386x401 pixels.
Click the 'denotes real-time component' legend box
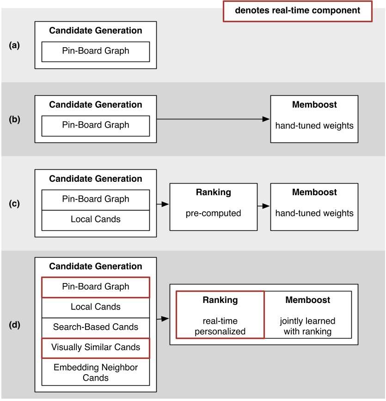tap(297, 11)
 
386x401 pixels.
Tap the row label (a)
tap(14, 45)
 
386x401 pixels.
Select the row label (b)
tap(14, 119)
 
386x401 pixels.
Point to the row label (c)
tap(14, 203)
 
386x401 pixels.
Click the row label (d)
tap(14, 326)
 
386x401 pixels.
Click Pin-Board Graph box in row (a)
tap(96, 51)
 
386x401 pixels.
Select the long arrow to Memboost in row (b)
tap(213, 119)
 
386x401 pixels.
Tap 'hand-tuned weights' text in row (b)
tap(314, 125)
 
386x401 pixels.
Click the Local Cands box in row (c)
tap(96, 219)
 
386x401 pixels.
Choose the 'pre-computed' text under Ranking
tap(213, 213)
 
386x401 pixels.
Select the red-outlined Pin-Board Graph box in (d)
tap(96, 287)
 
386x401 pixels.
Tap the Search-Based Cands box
tap(96, 327)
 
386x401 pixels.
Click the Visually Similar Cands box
tap(96, 347)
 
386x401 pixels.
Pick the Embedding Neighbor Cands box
tap(96, 372)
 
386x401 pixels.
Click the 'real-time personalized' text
tap(220, 326)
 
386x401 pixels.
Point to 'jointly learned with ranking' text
tap(307, 326)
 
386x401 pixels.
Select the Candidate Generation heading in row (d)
tap(96, 266)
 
